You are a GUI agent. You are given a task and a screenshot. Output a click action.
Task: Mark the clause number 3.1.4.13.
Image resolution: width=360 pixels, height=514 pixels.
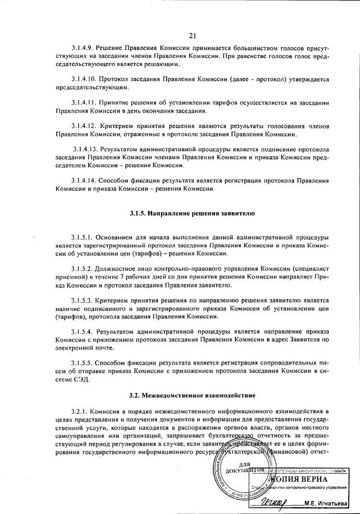click(x=86, y=147)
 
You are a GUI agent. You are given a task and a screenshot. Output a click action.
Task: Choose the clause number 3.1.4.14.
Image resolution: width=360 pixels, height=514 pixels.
click(x=86, y=181)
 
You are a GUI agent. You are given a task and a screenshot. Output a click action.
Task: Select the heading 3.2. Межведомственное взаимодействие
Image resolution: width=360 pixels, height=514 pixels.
click(x=191, y=394)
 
